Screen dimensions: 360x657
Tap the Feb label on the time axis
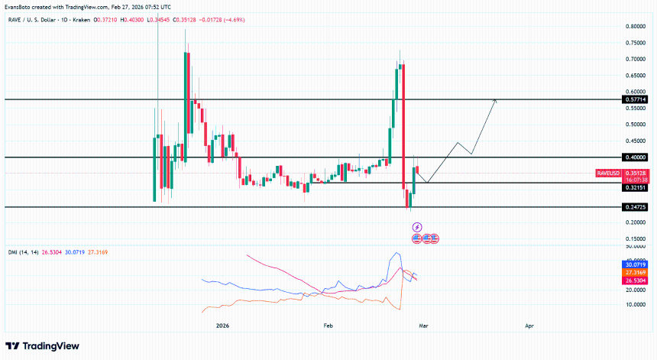click(x=328, y=326)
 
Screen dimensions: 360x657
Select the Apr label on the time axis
click(x=529, y=326)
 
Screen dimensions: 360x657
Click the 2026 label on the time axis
click(x=222, y=326)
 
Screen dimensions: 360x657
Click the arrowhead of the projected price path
click(x=496, y=101)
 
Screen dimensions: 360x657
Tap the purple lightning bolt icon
click(x=417, y=227)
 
